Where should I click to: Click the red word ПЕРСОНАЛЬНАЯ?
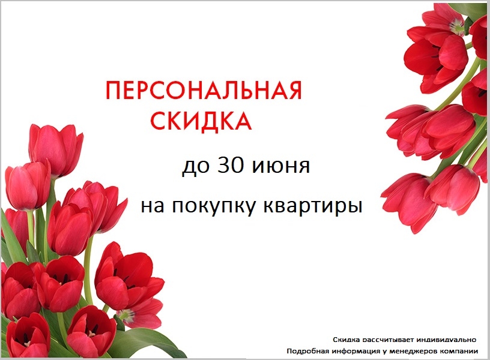coord(204,91)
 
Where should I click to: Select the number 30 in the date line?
coord(231,165)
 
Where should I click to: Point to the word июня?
coord(280,167)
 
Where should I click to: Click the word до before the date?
coord(195,166)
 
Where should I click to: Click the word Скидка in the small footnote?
coord(344,340)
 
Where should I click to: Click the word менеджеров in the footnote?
coord(413,352)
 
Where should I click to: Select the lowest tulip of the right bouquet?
coord(409,202)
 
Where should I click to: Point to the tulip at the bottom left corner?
coord(28,335)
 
